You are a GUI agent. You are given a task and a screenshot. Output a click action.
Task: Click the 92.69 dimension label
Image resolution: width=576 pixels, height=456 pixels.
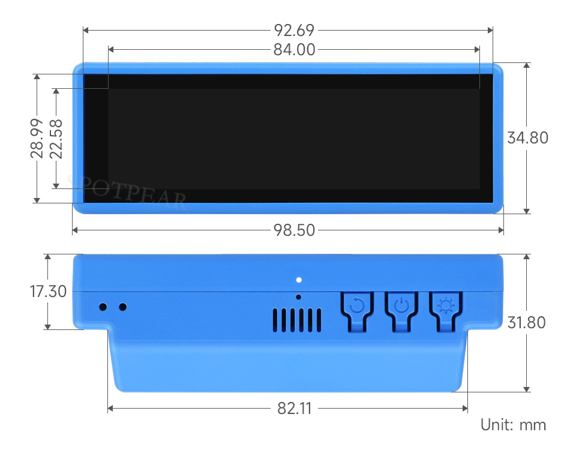point(294,30)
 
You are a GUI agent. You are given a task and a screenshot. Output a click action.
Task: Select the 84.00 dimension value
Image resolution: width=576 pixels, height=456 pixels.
point(294,50)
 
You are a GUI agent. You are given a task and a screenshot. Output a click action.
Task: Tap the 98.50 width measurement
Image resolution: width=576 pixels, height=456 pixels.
point(294,230)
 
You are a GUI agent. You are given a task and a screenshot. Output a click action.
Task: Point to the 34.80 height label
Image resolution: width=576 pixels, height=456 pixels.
point(527,138)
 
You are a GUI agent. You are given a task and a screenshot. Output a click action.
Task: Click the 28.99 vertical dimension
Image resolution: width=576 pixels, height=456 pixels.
point(37,139)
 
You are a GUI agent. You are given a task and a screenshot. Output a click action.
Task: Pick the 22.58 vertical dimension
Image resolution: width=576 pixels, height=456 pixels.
point(56,139)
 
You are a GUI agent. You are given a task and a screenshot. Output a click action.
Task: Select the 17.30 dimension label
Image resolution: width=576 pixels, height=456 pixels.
point(48,292)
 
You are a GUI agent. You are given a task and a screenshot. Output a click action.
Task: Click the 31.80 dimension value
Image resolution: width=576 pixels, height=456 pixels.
point(526,323)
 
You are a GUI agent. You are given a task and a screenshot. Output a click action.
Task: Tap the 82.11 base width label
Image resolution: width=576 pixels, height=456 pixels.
point(295,408)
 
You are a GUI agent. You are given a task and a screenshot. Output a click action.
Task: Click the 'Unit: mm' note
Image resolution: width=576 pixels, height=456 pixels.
point(513,425)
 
